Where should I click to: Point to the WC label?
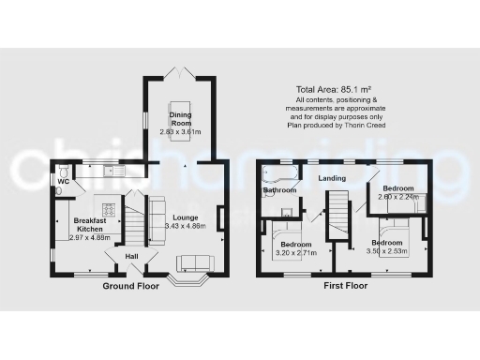(x=64, y=182)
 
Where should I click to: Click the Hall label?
(x=132, y=256)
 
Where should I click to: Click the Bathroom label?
(x=279, y=190)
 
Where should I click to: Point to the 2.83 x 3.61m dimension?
(x=181, y=131)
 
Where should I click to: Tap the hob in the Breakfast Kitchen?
(x=108, y=209)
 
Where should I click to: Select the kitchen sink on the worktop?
(x=111, y=170)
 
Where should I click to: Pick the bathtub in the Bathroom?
(x=278, y=173)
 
